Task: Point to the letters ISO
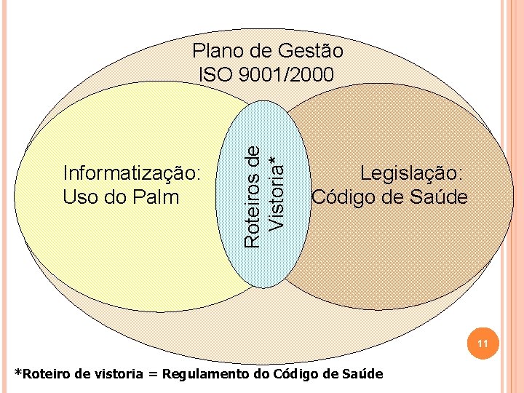click(215, 74)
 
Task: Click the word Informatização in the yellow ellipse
click(132, 174)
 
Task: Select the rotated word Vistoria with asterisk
click(274, 191)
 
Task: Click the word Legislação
click(413, 174)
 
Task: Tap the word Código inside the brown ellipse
click(344, 196)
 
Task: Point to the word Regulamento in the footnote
click(205, 374)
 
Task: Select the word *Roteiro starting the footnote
click(41, 374)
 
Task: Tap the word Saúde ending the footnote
click(362, 374)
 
